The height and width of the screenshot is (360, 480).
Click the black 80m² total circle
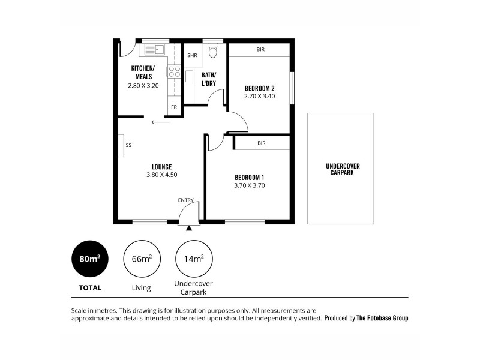pos(90,259)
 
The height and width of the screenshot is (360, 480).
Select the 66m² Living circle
pos(141,259)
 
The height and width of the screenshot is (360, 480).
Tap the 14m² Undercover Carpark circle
pos(193,259)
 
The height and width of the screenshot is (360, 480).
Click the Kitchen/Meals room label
pos(142,72)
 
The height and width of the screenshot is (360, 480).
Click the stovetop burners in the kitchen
pos(174,72)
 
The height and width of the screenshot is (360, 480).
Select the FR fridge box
pos(174,107)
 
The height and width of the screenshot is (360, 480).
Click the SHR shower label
pos(192,55)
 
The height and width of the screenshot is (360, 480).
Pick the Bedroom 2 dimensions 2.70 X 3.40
pos(259,96)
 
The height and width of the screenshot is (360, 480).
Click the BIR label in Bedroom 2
pos(260,50)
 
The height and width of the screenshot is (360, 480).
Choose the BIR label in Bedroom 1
pos(261,143)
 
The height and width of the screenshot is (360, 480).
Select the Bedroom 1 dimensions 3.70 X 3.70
pos(249,186)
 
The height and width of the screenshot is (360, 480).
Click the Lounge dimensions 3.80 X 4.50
pos(161,175)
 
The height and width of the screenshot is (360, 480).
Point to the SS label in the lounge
pos(128,145)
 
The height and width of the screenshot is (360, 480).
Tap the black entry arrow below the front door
pos(190,227)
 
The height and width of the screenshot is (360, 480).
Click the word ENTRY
pos(186,200)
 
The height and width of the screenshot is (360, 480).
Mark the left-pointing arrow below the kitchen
pos(160,122)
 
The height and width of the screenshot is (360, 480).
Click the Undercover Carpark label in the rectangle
pos(342,169)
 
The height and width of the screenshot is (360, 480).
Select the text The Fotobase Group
pos(382,319)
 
